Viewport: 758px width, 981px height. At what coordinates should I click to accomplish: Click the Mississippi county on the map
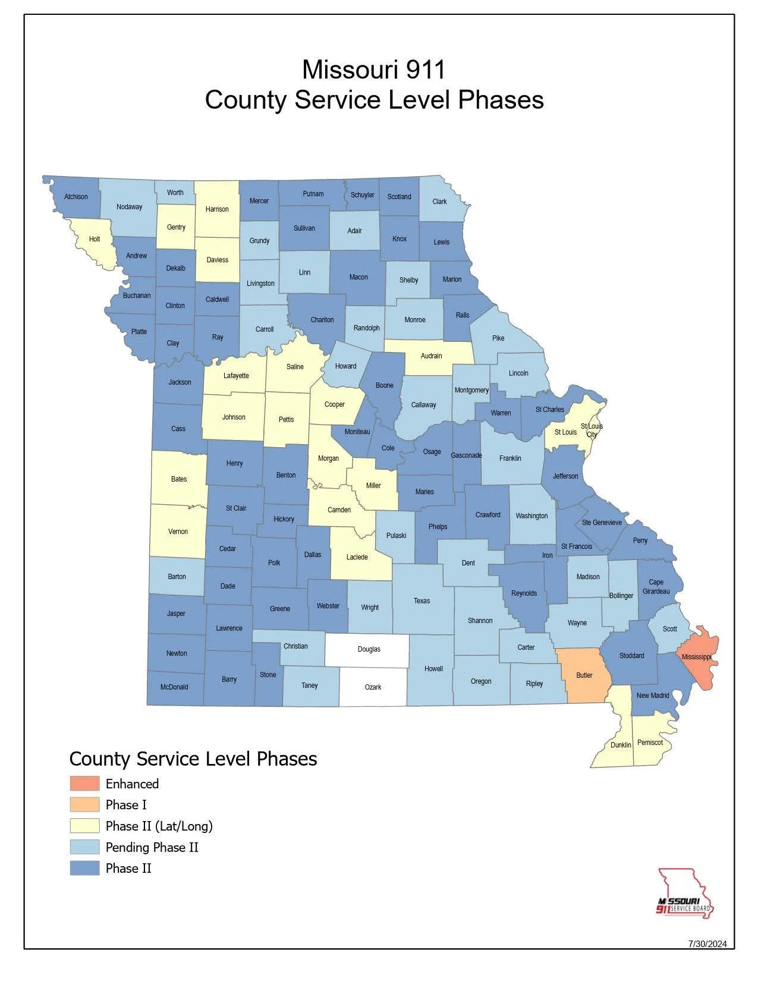coord(699,656)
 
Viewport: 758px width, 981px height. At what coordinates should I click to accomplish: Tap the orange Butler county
coord(584,675)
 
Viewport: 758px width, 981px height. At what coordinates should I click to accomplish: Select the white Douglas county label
coord(369,649)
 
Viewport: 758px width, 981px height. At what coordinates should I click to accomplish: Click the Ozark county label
coord(373,687)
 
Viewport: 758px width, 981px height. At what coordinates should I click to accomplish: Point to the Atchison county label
coord(76,197)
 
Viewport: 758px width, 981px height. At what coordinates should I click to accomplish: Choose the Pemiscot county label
coord(650,742)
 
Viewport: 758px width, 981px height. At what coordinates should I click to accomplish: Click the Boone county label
coord(384,385)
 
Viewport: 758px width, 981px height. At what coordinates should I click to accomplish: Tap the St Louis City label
coord(592,430)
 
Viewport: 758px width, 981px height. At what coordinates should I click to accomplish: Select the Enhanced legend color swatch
coord(84,784)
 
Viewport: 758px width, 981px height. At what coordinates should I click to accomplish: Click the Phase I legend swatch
coord(84,805)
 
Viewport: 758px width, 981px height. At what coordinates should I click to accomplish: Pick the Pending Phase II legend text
coord(152,847)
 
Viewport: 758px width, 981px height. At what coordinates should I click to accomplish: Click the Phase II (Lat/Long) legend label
coord(159,826)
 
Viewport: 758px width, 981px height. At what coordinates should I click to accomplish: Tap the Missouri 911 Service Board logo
coord(685,894)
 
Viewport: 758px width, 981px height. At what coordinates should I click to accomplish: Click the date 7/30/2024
coord(707,944)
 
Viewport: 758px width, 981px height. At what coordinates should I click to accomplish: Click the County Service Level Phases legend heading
coord(193,759)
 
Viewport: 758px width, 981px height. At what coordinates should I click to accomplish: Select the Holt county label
coord(95,239)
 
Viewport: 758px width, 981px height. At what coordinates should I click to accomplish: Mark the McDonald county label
coord(174,687)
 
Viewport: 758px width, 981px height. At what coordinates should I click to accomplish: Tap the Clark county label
coord(439,202)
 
